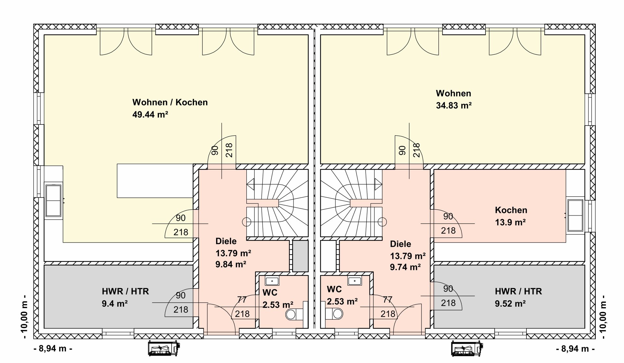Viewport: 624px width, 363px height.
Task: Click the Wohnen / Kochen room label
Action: [170, 102]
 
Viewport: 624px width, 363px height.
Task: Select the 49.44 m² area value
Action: [150, 114]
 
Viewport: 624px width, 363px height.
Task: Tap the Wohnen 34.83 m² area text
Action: [454, 99]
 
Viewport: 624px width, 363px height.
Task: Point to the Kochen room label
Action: [511, 210]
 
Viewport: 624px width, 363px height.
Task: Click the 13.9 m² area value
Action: [510, 222]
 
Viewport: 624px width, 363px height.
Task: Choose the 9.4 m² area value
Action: [115, 304]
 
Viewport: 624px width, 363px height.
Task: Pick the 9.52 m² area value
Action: [510, 304]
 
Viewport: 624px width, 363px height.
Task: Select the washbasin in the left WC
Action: [272, 281]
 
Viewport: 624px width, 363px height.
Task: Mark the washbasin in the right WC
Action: [355, 280]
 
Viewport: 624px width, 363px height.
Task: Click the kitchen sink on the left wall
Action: [53, 201]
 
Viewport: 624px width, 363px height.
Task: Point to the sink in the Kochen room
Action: [575, 216]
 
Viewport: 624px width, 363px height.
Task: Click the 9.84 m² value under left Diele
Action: [231, 264]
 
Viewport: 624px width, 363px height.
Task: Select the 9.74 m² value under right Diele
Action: [405, 267]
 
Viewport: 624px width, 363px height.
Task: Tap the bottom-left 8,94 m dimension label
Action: [53, 349]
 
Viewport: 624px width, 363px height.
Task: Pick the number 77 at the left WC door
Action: [242, 299]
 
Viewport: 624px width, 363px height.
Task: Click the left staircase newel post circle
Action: [247, 222]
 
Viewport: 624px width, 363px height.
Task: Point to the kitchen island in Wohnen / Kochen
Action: [155, 181]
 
